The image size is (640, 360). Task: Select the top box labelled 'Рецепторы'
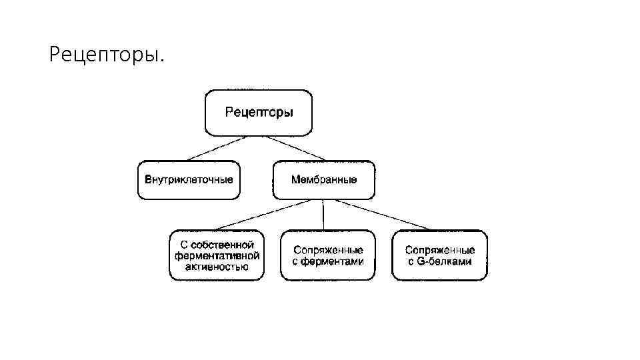coord(259,113)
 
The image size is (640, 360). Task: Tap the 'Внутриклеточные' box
coord(189,179)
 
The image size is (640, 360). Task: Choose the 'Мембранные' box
coord(324,179)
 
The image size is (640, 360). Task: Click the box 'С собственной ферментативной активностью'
coord(217,255)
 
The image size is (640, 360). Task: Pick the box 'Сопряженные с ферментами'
coord(328,255)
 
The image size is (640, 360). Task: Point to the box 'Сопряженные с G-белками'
coord(440,255)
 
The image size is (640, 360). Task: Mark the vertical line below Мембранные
coord(324,215)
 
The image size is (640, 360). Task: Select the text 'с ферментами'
coord(328,261)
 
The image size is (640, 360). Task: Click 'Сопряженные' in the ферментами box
coord(328,250)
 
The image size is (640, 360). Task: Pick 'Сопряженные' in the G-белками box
coord(440,250)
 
